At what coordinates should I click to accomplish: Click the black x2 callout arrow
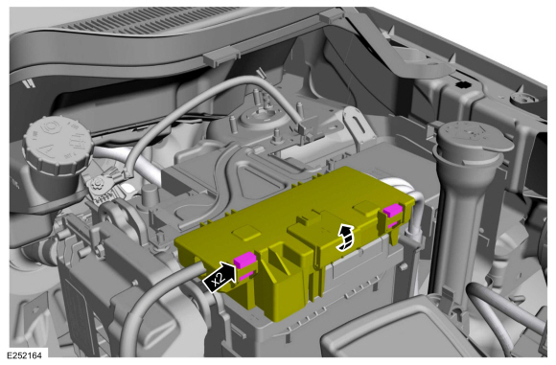pyautogui.click(x=220, y=278)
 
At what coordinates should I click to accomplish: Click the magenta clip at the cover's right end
pyautogui.click(x=393, y=211)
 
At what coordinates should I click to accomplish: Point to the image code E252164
pyautogui.click(x=24, y=355)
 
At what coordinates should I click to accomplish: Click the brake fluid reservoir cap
pyautogui.click(x=57, y=146)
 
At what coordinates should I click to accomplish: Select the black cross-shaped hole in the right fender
pyautogui.click(x=462, y=84)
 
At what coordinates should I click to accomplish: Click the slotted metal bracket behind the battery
pyautogui.click(x=359, y=125)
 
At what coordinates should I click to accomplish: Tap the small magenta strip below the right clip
pyautogui.click(x=393, y=225)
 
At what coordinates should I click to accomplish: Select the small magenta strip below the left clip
pyautogui.click(x=246, y=275)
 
